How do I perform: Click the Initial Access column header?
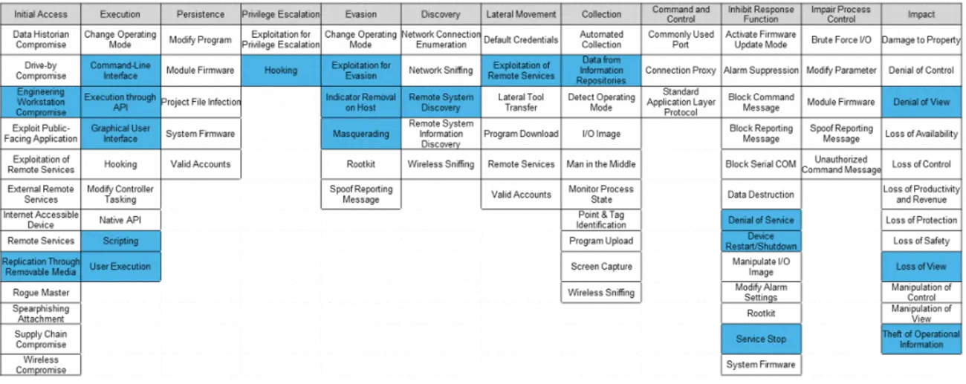click(x=41, y=14)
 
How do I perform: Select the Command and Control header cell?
click(x=681, y=14)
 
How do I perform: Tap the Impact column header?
click(x=921, y=14)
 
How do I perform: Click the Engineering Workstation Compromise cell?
click(x=41, y=102)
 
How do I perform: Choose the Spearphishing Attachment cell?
click(x=41, y=313)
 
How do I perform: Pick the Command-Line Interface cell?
click(x=120, y=71)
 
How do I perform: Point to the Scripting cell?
click(x=120, y=241)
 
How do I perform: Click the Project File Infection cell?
click(x=201, y=102)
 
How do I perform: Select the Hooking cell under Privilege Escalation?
click(x=281, y=71)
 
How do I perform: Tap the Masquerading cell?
click(x=361, y=134)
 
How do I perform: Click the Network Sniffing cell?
click(x=441, y=71)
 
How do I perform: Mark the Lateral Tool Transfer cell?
click(x=521, y=102)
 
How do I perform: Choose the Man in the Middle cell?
click(x=601, y=164)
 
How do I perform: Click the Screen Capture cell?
click(x=601, y=267)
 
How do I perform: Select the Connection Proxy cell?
click(x=681, y=71)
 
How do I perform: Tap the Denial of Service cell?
click(x=761, y=221)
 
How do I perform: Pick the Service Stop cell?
click(x=761, y=339)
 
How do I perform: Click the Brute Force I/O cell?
click(x=841, y=39)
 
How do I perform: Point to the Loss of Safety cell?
click(x=921, y=241)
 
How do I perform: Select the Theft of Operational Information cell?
click(x=921, y=339)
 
